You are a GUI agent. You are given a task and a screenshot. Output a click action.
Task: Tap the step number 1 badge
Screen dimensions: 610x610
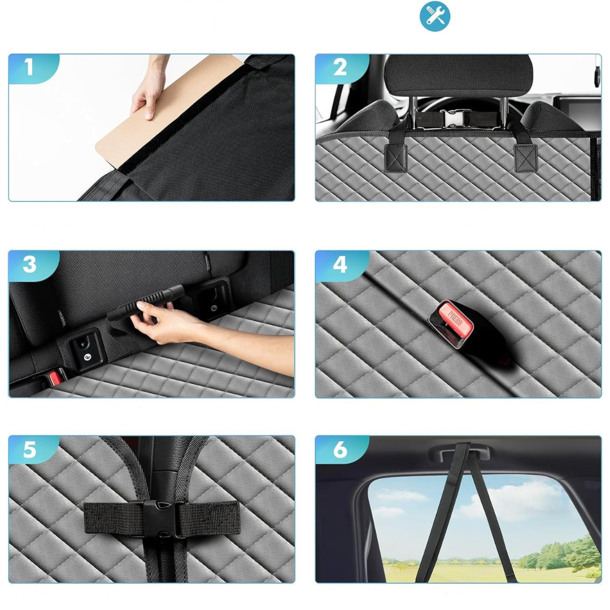coord(31,68)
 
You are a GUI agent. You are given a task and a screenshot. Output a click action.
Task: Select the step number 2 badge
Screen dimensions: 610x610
coord(340,68)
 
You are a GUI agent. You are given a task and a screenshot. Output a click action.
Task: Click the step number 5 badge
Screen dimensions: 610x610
coord(31,450)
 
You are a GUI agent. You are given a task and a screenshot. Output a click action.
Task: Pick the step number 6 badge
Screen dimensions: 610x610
coord(340,450)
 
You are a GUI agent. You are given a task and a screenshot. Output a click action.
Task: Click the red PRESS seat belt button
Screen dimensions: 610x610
coord(456,320)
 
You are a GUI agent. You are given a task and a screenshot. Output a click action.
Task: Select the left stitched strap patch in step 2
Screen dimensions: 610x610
coord(395,158)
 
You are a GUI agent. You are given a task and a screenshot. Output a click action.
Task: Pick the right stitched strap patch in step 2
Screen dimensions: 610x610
coord(525,158)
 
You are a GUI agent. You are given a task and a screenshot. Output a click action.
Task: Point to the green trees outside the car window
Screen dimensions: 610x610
coord(560,555)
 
